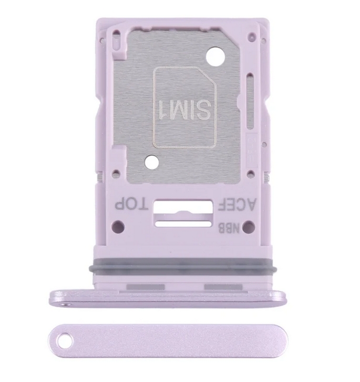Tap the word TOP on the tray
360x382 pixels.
pyautogui.click(x=131, y=204)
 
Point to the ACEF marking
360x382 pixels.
pyautogui.click(x=237, y=204)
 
